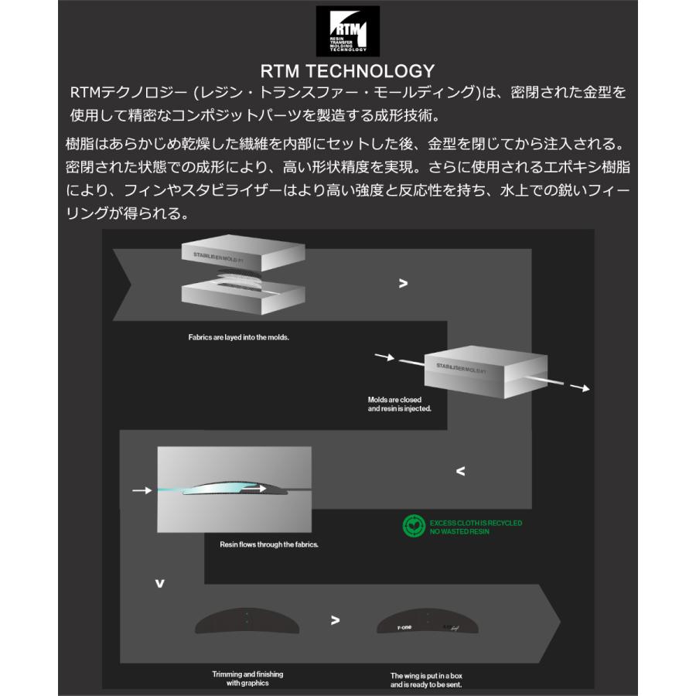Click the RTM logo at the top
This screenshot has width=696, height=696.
point(347,31)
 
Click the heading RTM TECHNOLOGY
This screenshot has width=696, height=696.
point(347,72)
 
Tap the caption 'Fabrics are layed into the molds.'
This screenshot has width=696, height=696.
point(238,338)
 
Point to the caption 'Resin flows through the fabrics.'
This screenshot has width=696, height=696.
point(269,544)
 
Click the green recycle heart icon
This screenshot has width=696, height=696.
point(414,527)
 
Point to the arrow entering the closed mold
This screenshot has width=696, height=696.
point(384,357)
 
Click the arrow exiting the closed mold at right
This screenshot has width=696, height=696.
point(578,387)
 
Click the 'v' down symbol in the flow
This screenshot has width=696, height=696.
point(160,583)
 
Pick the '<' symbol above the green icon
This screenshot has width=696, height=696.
point(461,470)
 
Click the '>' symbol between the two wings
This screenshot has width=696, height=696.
point(335,619)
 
